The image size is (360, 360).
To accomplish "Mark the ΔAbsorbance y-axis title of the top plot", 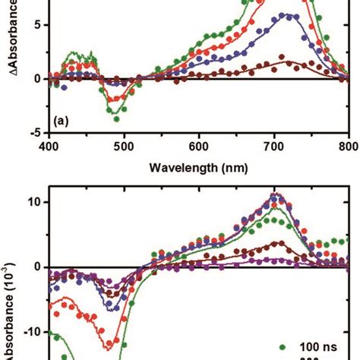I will [9, 46].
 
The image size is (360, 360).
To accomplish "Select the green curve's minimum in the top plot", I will [115, 118].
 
